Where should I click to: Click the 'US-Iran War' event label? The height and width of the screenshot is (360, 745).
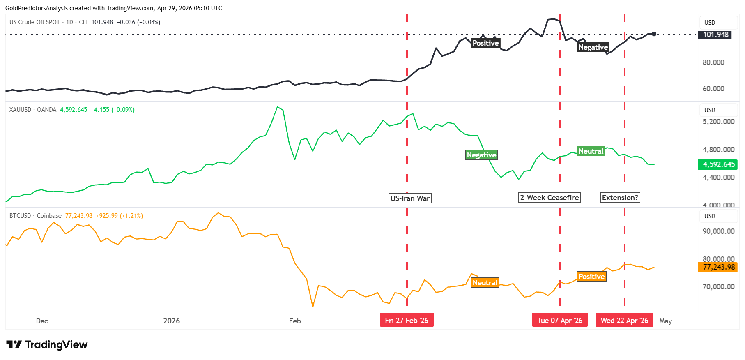point(410,198)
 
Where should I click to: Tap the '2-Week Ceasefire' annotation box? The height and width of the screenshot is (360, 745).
point(550,198)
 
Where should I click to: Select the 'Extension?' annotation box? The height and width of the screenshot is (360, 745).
point(620,198)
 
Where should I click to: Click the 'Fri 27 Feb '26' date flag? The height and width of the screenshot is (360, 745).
point(407,321)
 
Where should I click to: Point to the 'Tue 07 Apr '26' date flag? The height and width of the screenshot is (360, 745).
point(560,321)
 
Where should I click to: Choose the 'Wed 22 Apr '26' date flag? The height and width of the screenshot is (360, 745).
point(624,321)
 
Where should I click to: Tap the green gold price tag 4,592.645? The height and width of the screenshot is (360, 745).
point(718,164)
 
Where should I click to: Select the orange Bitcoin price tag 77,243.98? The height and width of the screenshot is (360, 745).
point(718,267)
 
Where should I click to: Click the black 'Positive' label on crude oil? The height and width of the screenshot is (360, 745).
point(485,43)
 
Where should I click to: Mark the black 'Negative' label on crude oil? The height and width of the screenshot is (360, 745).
point(593,47)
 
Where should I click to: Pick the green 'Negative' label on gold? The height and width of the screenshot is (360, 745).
point(481,155)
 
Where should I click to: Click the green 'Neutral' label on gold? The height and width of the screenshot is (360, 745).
point(591,151)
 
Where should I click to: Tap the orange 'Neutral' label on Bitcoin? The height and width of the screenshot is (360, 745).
point(485,283)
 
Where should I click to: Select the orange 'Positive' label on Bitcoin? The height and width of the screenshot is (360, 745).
point(592,277)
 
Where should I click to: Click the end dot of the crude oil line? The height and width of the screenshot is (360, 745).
point(654,34)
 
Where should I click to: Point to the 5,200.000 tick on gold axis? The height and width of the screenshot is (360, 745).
point(718,122)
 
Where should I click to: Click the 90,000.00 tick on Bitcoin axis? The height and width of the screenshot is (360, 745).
point(718,231)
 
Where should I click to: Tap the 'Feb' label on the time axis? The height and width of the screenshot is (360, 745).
point(295,321)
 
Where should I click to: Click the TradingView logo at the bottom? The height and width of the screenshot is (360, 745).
point(47,345)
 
